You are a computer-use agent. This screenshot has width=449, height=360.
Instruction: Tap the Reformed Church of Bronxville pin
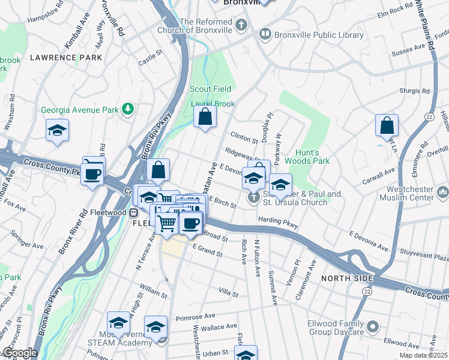(x=241, y=25)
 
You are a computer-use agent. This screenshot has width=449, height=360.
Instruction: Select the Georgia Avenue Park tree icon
(x=127, y=109)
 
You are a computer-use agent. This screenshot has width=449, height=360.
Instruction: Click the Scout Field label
(x=209, y=89)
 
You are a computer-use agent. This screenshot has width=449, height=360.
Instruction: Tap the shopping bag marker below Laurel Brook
(x=205, y=117)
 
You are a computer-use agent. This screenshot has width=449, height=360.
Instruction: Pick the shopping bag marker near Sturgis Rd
(x=387, y=125)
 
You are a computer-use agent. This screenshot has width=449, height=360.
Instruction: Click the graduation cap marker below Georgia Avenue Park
(x=58, y=131)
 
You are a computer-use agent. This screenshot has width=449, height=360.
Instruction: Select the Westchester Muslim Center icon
(x=444, y=193)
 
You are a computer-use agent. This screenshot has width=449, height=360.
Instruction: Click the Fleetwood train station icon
(x=135, y=212)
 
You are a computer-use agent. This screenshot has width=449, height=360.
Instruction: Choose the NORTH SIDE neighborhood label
(x=346, y=278)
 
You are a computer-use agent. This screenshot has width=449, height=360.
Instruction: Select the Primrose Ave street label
(x=196, y=316)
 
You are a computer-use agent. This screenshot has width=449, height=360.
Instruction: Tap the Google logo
(x=19, y=353)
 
